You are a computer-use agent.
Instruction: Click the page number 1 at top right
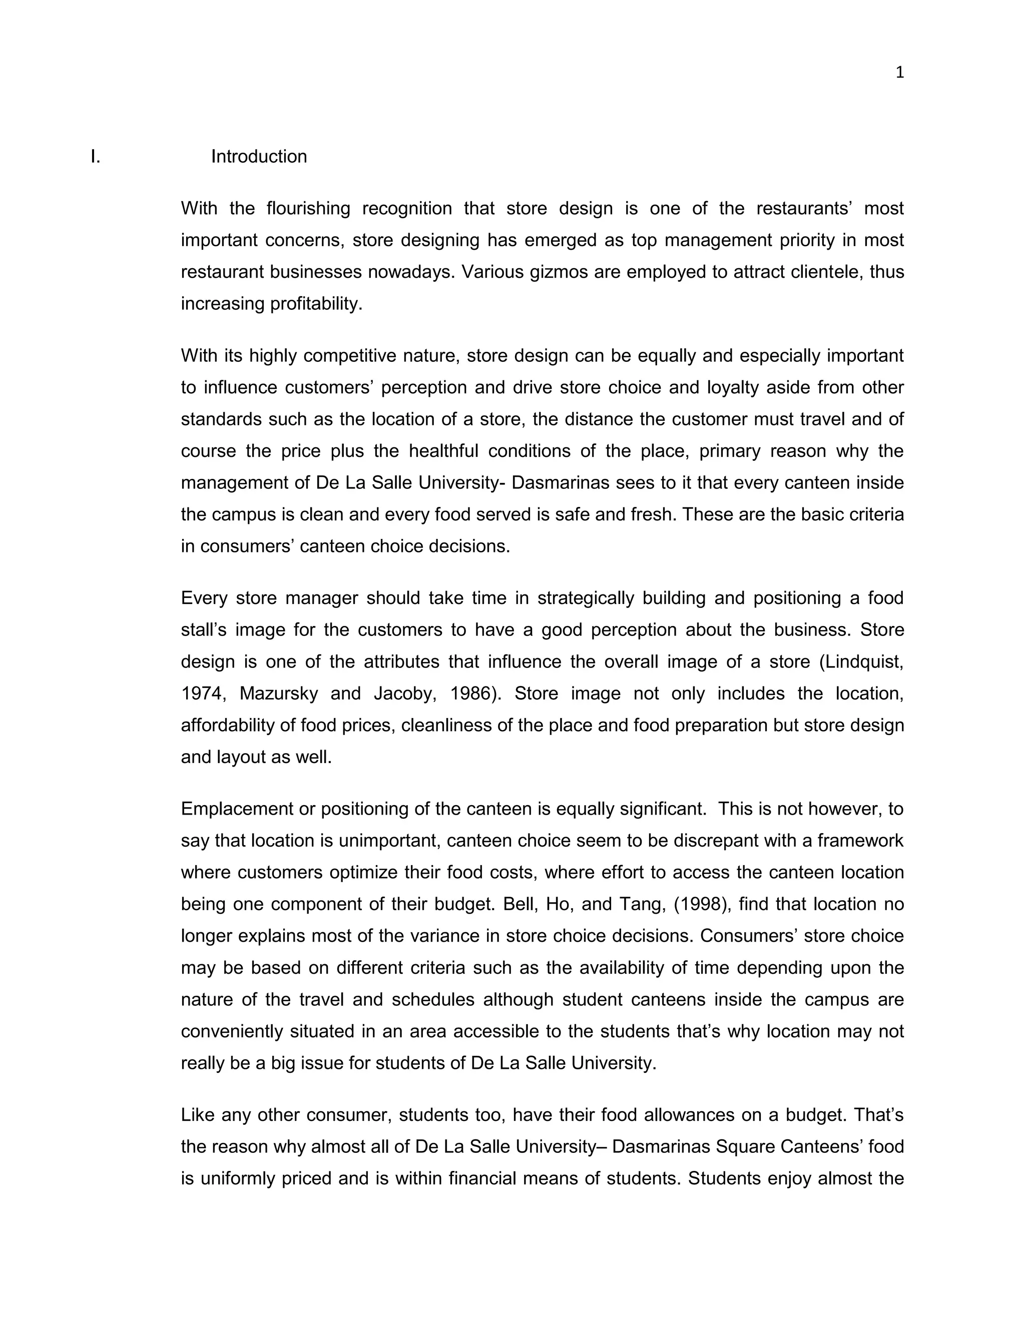point(899,73)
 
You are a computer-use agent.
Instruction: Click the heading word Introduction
point(259,157)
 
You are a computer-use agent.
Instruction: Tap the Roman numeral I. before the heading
point(95,157)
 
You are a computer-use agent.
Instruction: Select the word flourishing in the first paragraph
point(308,208)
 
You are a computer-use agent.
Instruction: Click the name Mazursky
point(278,694)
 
